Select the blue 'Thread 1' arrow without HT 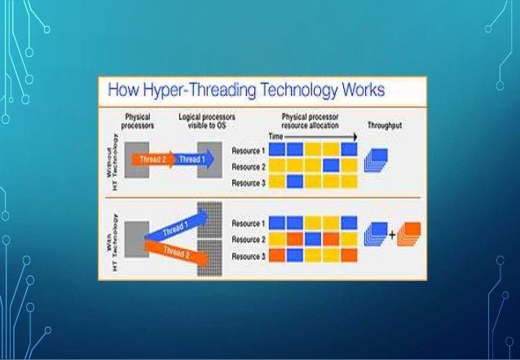coord(191,159)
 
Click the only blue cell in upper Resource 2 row coord(331,165)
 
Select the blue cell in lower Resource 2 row coord(313,239)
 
